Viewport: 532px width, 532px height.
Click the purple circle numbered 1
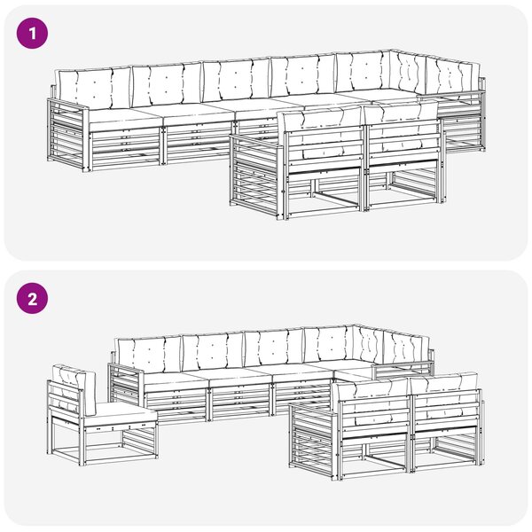(x=32, y=34)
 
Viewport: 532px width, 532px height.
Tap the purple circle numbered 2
(x=32, y=299)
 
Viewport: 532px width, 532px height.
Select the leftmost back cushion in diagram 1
(x=94, y=87)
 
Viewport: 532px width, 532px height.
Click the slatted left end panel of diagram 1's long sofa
(x=68, y=134)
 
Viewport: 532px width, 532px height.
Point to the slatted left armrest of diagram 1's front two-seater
(x=256, y=176)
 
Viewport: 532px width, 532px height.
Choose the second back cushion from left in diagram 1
(x=167, y=83)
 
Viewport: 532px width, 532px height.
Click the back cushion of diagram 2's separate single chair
(x=74, y=389)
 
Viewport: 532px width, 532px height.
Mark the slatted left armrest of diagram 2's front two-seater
(x=314, y=440)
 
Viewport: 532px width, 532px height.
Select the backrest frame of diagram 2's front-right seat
(x=445, y=407)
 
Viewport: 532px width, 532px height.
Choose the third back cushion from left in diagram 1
(x=236, y=80)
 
